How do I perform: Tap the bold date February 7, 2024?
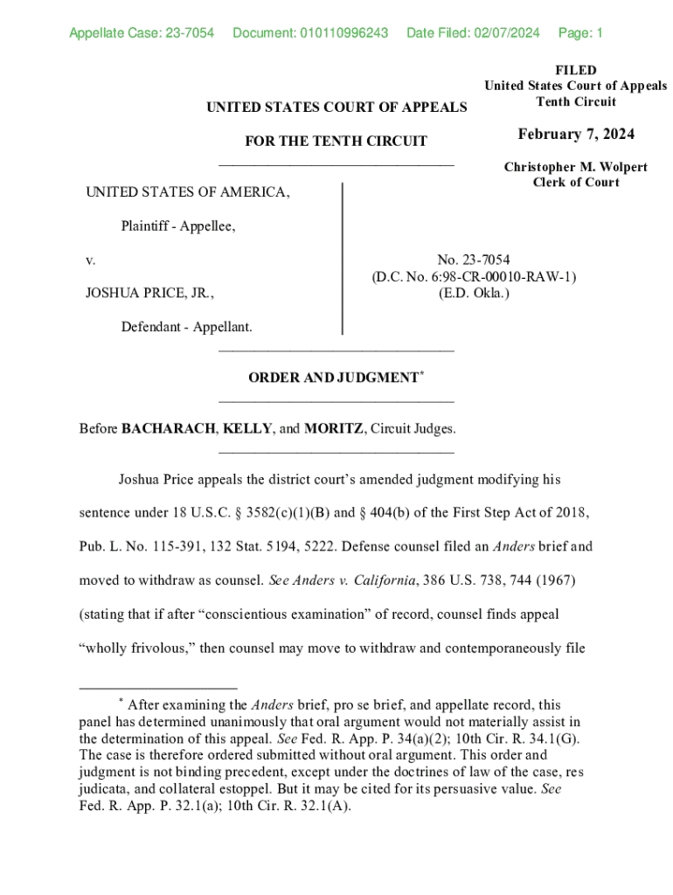(x=576, y=135)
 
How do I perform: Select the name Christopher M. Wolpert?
(x=576, y=167)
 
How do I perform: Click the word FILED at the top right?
(x=576, y=70)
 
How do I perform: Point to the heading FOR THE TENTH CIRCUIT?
(x=336, y=142)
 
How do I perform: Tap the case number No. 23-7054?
(x=474, y=260)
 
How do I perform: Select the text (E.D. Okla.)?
(x=474, y=293)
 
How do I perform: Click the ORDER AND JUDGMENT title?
(x=333, y=378)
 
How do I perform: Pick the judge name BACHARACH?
(x=169, y=429)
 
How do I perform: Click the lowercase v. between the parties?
(x=90, y=260)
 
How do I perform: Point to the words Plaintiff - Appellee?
(x=178, y=226)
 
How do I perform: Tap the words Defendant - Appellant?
(x=187, y=327)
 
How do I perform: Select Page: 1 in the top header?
(x=580, y=34)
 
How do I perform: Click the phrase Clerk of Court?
(x=576, y=183)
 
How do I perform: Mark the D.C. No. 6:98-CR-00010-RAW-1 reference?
(x=474, y=277)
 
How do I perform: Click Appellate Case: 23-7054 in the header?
(x=142, y=34)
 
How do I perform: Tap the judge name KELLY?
(x=246, y=429)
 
